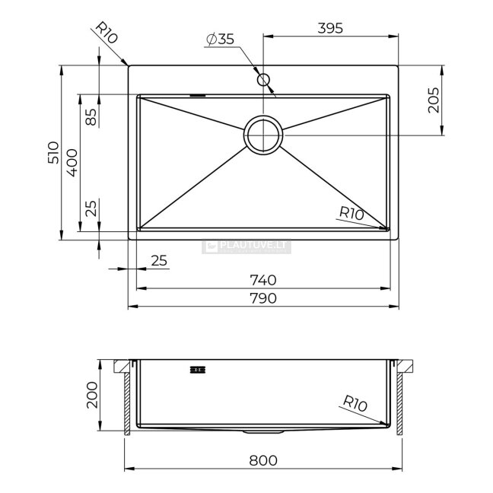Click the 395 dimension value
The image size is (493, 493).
[330, 28]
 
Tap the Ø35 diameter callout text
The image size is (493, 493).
[220, 39]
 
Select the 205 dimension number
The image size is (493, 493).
[434, 100]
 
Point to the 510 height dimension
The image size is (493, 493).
[53, 152]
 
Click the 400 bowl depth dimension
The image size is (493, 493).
[72, 163]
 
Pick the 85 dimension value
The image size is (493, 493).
[91, 116]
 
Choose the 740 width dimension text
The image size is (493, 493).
[263, 280]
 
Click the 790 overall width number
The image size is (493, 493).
[263, 298]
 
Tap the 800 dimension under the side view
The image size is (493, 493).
[263, 460]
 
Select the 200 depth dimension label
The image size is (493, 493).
[92, 395]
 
